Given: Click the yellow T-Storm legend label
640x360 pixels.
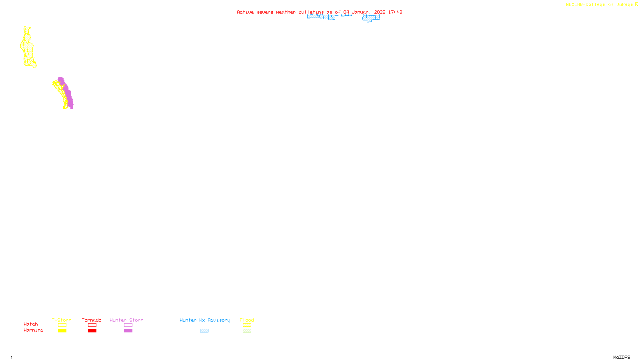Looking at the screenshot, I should click(x=62, y=320).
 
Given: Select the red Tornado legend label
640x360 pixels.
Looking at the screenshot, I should click(x=92, y=320).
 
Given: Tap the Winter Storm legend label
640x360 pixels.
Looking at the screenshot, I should click(x=126, y=320).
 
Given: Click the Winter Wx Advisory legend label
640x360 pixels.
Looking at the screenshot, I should click(x=205, y=320).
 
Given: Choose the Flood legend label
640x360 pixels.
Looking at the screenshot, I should click(x=247, y=320).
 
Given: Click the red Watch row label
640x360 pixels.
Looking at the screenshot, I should click(x=31, y=324).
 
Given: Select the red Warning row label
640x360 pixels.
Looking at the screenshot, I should click(x=33, y=330).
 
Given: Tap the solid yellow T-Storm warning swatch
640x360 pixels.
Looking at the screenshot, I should click(x=62, y=331).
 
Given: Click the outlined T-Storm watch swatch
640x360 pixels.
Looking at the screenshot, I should click(x=62, y=325).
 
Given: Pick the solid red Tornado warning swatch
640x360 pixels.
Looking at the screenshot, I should click(x=92, y=331).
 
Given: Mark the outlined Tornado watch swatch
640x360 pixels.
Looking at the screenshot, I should click(x=92, y=325).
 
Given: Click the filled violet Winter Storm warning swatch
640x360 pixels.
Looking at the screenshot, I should click(x=128, y=331).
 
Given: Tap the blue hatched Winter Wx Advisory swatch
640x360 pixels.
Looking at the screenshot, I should click(x=204, y=331).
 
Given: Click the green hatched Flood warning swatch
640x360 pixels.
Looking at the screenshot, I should click(x=247, y=331).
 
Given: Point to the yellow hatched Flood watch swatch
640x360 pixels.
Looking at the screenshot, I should click(x=247, y=325).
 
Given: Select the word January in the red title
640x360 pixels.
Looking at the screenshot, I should click(x=362, y=12).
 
